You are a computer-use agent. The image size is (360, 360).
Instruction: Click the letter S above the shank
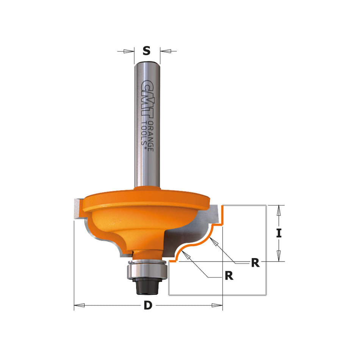147,50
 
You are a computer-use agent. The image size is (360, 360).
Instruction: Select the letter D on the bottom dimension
147,306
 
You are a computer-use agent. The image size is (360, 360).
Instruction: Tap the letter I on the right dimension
279,233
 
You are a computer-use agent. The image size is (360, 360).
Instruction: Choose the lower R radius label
229,275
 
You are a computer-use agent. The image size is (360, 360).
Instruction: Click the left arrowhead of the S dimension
130,51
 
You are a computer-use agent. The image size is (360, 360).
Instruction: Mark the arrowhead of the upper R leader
214,241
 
